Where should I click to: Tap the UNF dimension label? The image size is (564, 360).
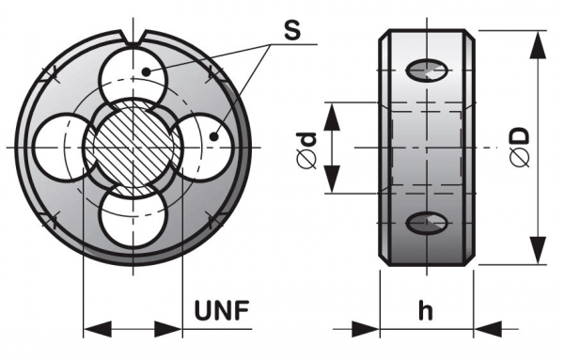coord(222,310)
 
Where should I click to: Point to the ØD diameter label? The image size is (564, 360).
coord(521,147)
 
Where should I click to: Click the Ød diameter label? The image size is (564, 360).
coord(306,150)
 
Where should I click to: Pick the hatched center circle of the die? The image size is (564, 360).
coord(133,148)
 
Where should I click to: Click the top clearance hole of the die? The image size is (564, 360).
coord(133,76)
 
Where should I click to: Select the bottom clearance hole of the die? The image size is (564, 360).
coord(133,217)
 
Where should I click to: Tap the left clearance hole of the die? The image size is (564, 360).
coord(61,148)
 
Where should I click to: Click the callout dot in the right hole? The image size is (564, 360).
coord(214,136)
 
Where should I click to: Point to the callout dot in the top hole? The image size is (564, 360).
coord(146,72)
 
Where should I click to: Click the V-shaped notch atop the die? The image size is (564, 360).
coord(133,39)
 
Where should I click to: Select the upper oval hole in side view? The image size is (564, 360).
coord(427,70)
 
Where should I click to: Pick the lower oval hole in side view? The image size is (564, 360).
coord(427,223)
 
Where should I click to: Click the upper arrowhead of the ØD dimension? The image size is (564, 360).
coord(538,44)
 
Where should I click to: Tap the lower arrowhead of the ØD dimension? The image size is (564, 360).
coord(538,250)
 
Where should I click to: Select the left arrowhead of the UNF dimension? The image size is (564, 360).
coord(98,329)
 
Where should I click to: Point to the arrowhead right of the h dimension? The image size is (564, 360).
coord(488,329)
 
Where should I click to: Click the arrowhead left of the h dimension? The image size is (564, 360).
coord(366,329)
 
